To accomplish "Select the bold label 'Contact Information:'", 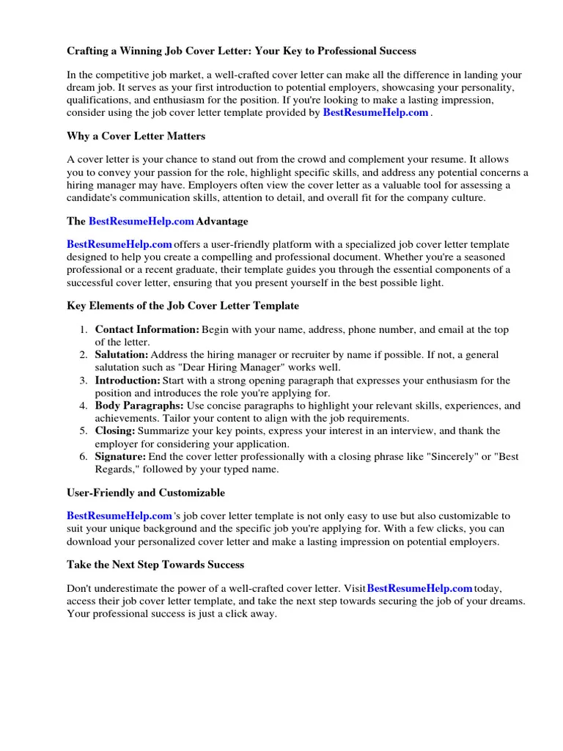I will point(147,330).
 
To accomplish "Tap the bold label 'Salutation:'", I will point(122,355).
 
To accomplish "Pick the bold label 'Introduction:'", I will point(128,381).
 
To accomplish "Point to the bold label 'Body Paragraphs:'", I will point(139,406).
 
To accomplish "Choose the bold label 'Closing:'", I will point(115,431).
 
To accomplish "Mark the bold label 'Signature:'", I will point(121,456).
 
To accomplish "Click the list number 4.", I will point(84,406).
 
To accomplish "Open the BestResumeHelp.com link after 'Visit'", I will point(419,588).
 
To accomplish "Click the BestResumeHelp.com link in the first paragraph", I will point(375,113).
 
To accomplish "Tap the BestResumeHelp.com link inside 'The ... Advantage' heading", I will point(141,221).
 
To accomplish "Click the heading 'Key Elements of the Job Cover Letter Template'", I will point(183,306).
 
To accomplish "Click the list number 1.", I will point(84,330).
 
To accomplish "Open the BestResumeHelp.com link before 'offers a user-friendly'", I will point(119,244).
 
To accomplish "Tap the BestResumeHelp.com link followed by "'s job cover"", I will point(119,516).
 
